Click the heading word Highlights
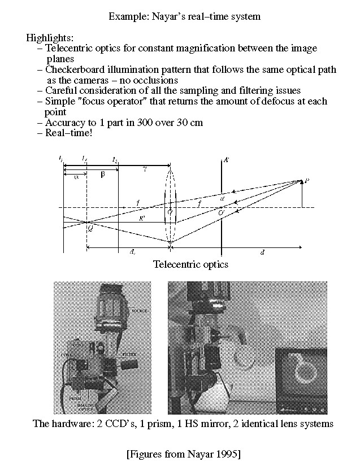coord(50,38)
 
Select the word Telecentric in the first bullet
coord(68,49)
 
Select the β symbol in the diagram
coord(102,175)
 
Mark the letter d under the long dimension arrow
coord(262,252)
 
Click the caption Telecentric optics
coord(190,264)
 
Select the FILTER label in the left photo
coord(129,354)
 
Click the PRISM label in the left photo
coord(68,398)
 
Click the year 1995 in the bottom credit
coord(222,454)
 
